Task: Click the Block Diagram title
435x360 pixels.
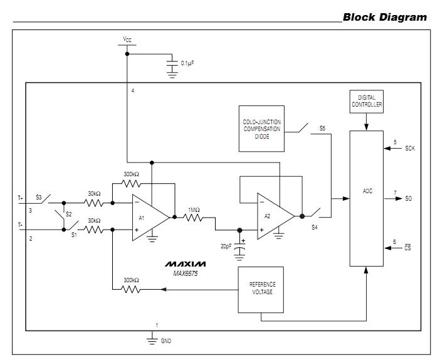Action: pyautogui.click(x=384, y=17)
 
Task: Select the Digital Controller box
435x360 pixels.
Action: pyautogui.click(x=367, y=101)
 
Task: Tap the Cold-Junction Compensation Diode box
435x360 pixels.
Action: pyautogui.click(x=262, y=128)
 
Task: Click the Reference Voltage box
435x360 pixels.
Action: pyautogui.click(x=261, y=289)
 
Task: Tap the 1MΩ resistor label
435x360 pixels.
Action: pyautogui.click(x=193, y=209)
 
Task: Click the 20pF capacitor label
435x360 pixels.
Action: pyautogui.click(x=225, y=247)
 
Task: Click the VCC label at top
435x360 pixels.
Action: pyautogui.click(x=127, y=40)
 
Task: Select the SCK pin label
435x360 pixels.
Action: pyautogui.click(x=410, y=149)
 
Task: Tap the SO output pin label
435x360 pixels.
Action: pyautogui.click(x=408, y=198)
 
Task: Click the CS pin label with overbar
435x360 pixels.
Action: pyautogui.click(x=408, y=248)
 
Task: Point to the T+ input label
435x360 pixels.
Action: pyautogui.click(x=20, y=198)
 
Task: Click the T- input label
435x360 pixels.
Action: pyautogui.click(x=20, y=225)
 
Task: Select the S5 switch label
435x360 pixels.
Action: pyautogui.click(x=322, y=129)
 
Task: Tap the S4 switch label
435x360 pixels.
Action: pyautogui.click(x=315, y=227)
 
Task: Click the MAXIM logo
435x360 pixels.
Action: pyautogui.click(x=185, y=264)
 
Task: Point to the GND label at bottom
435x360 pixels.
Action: pyautogui.click(x=165, y=341)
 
